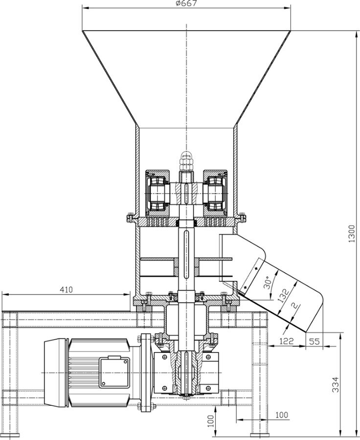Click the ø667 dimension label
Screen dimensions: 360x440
pyautogui.click(x=186, y=3)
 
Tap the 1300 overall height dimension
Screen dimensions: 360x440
pyautogui.click(x=352, y=234)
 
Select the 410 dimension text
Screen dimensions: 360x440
pyautogui.click(x=66, y=289)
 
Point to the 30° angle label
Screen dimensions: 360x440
pyautogui.click(x=269, y=283)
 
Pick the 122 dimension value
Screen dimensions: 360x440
pyautogui.click(x=287, y=341)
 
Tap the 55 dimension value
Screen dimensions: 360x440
pyautogui.click(x=314, y=341)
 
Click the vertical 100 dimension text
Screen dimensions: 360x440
pyautogui.click(x=211, y=420)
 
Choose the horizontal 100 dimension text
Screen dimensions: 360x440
pyautogui.click(x=281, y=415)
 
